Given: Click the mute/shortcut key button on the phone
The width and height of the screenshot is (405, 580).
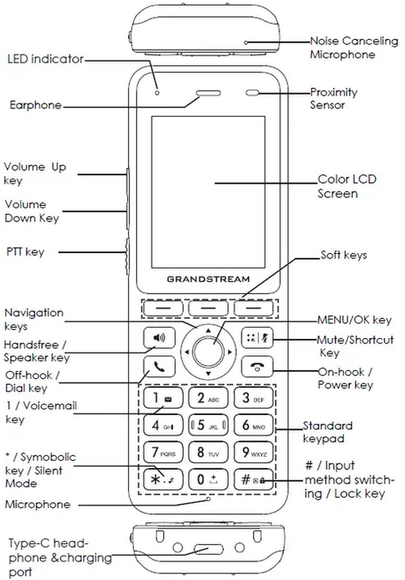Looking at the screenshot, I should coord(254,338).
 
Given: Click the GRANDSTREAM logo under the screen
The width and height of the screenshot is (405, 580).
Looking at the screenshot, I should coord(208,279).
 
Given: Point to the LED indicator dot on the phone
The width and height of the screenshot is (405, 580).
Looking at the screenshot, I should coord(157,92).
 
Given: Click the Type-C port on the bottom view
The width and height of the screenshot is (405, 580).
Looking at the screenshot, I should coord(208,549).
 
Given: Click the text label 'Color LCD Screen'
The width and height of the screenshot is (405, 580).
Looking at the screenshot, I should coord(346,187).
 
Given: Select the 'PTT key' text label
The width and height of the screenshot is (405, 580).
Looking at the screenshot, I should coord(25,252).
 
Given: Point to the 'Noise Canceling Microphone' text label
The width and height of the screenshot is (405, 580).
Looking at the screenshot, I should coord(353,48).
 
